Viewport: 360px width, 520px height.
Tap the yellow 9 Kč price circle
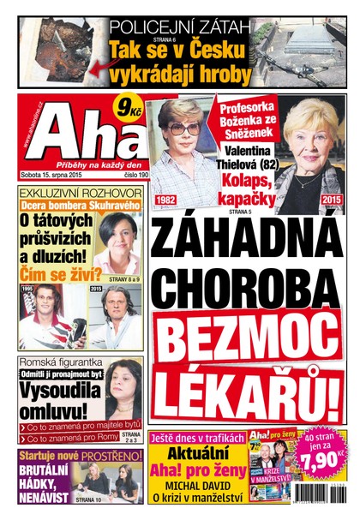pos(129,110)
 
